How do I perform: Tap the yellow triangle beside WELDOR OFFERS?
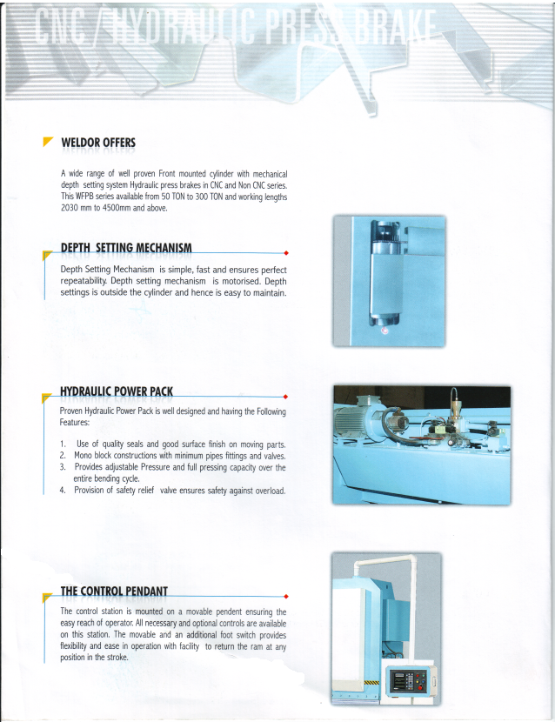coord(48,142)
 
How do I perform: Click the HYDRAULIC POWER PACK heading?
coord(117,391)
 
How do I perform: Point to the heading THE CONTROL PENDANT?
coord(114,592)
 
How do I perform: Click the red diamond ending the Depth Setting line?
coord(286,253)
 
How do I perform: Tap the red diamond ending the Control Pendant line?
coord(286,597)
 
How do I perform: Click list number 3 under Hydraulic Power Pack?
coord(63,468)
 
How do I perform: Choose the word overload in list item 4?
coord(268,491)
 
